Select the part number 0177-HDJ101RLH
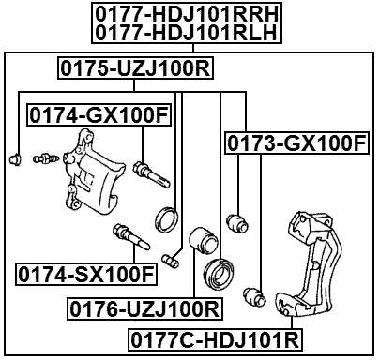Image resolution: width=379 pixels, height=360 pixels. [190, 33]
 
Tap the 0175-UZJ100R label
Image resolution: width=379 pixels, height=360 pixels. [134, 67]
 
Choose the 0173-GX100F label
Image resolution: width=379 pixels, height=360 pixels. [295, 143]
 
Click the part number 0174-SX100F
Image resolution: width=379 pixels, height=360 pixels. [83, 275]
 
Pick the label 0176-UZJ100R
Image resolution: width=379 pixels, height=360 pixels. [143, 307]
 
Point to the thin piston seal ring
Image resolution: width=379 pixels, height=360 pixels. [166, 219]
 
